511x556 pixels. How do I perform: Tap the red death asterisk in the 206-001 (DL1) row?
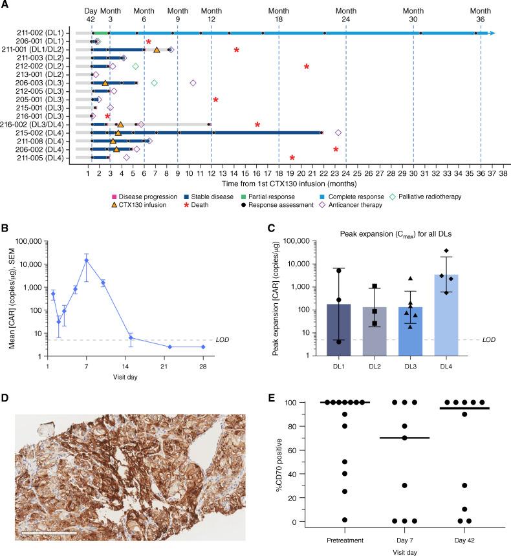(x=148, y=42)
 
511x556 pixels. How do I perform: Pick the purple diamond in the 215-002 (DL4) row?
(x=338, y=133)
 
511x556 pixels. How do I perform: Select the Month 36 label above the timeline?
(x=480, y=14)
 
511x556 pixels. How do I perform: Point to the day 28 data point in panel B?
(x=203, y=347)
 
